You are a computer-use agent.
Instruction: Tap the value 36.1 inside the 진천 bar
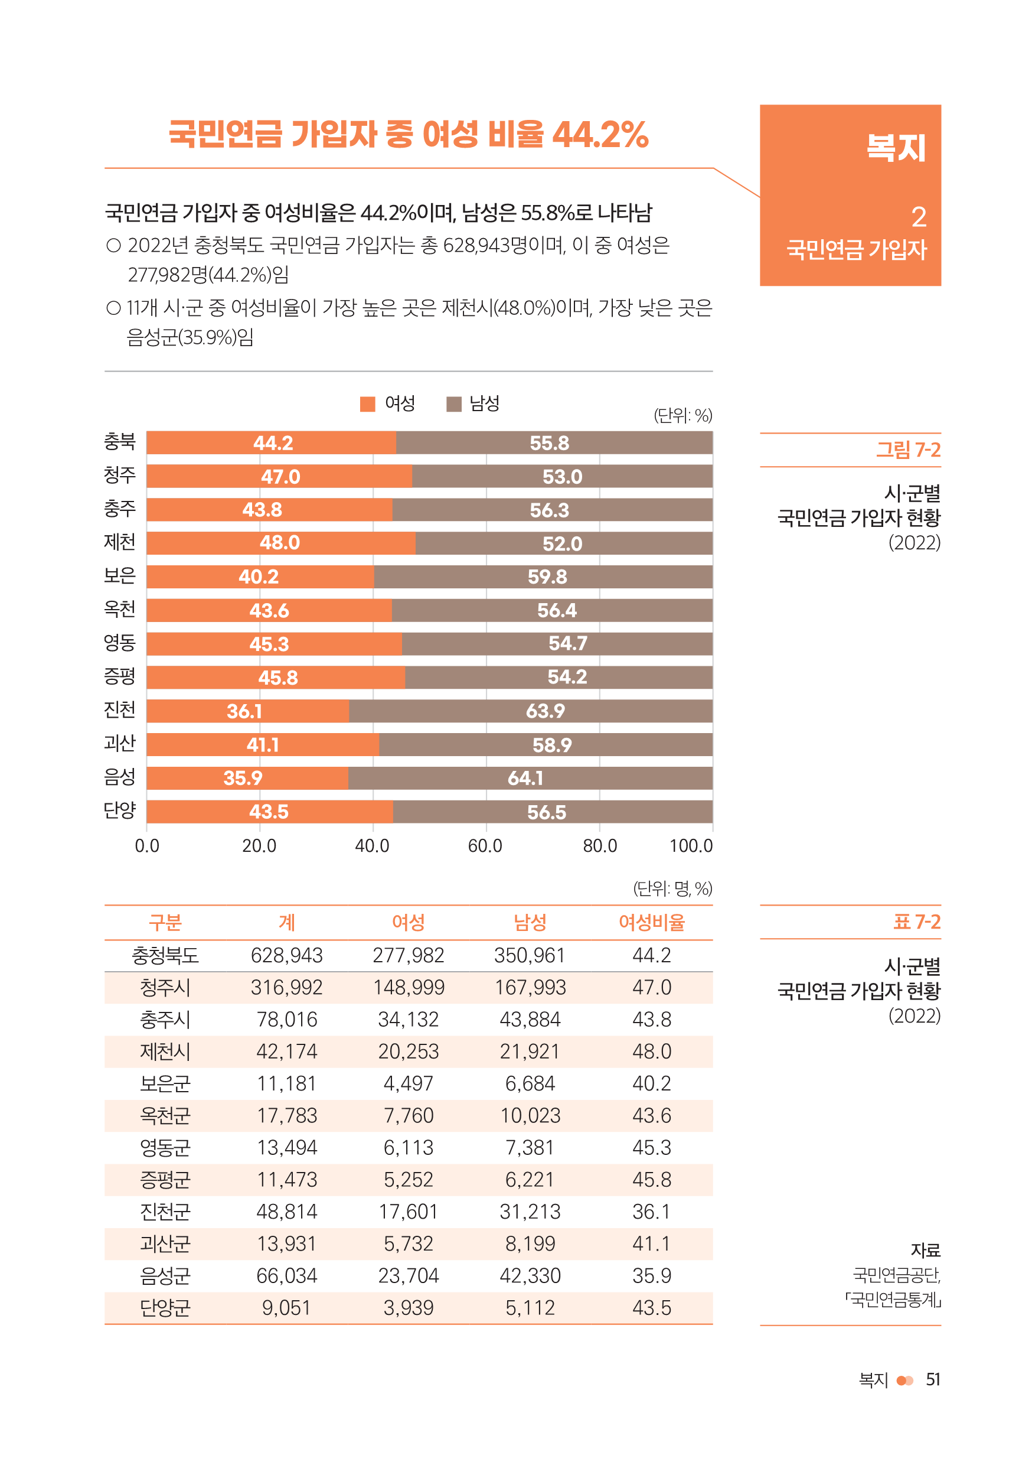(244, 711)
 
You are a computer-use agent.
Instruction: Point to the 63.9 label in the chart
(546, 711)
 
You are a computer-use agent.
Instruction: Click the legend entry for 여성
(388, 404)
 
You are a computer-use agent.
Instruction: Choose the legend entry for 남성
(473, 404)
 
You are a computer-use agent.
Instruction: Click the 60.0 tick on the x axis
(485, 847)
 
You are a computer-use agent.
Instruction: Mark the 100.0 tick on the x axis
(691, 847)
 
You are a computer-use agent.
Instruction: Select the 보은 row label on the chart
(120, 576)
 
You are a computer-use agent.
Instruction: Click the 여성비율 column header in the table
(652, 923)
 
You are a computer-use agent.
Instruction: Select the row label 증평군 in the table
(165, 1180)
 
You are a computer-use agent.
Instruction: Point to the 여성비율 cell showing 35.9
(652, 1276)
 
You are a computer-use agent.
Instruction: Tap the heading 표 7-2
(916, 923)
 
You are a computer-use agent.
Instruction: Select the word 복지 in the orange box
(896, 148)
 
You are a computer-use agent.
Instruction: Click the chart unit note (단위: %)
(682, 416)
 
